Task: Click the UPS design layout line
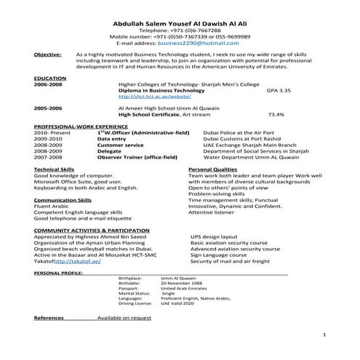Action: [x=214, y=236]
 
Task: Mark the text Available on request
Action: [x=124, y=319]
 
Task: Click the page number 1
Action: [x=324, y=335]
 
